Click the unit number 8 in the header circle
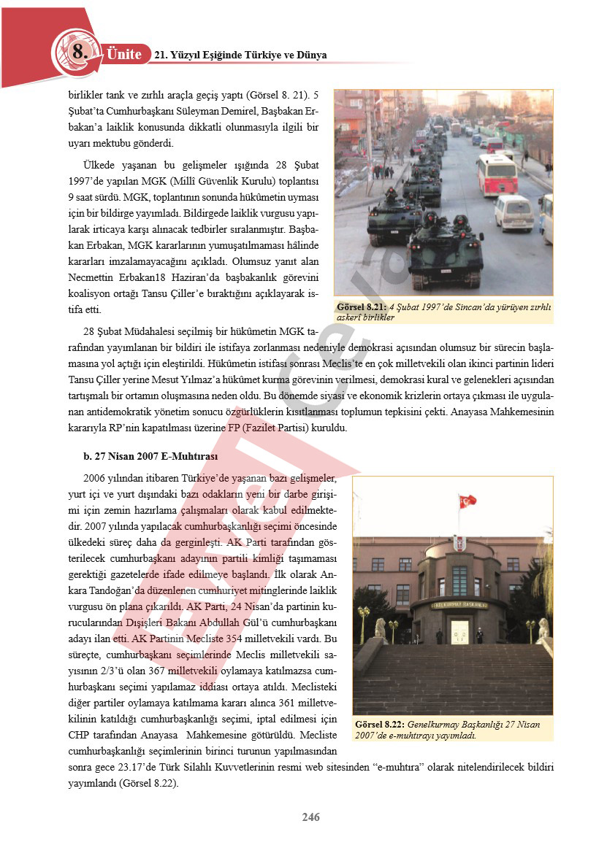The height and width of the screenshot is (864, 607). point(78,52)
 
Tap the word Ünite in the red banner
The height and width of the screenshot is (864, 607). point(123,55)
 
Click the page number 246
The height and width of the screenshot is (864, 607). point(311,817)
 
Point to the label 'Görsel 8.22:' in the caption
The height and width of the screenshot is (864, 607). point(379,725)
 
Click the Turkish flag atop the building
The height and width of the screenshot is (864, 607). point(467,501)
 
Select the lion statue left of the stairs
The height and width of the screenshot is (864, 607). point(380,628)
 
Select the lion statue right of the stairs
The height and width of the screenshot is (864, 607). point(543,629)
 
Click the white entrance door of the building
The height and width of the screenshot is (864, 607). point(459,630)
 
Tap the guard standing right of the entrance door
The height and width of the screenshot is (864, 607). point(479,635)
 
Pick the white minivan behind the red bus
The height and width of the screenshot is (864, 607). point(514,213)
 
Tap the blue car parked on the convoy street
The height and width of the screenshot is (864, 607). point(476,139)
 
